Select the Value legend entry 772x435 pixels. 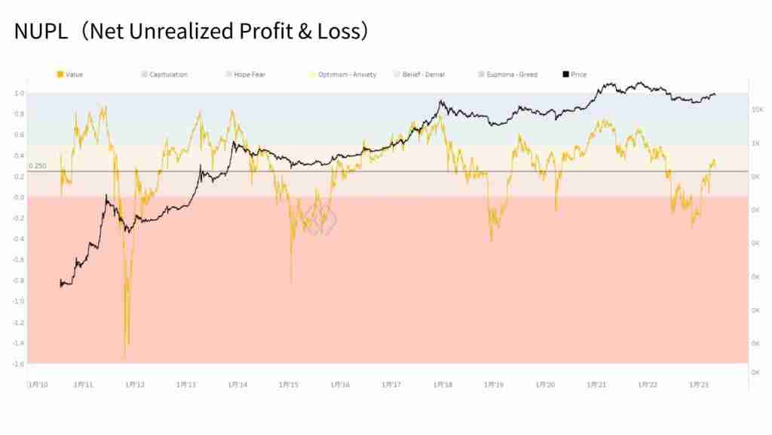[x=74, y=75]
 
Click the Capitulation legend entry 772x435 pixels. [x=168, y=75]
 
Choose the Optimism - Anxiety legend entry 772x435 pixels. [x=347, y=75]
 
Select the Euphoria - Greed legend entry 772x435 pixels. [x=512, y=75]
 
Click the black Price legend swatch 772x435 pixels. [x=565, y=75]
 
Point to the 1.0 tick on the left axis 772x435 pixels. [x=19, y=94]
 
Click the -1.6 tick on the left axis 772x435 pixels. [x=18, y=363]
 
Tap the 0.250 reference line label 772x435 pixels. [x=37, y=166]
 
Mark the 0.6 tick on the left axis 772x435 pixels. [x=19, y=135]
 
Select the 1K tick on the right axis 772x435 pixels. [x=758, y=143]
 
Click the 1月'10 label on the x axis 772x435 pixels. [x=38, y=384]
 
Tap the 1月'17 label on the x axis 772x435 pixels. [x=392, y=384]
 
